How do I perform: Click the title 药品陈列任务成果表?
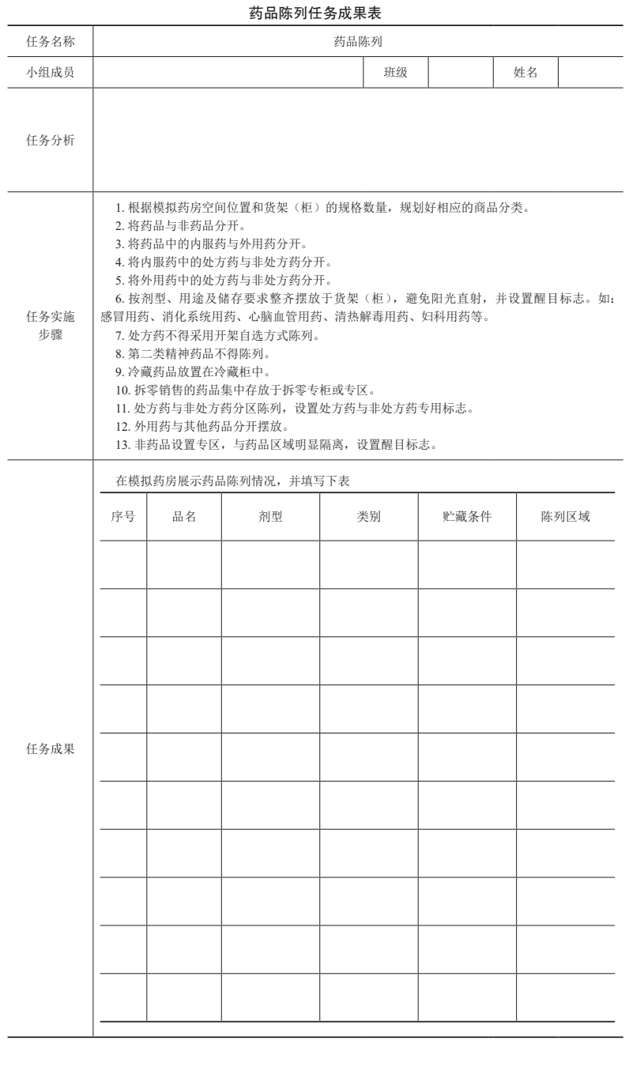tap(314, 13)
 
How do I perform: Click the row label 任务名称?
tap(51, 42)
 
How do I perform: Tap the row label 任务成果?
tap(51, 749)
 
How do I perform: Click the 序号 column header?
tap(122, 516)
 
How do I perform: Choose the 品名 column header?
tap(184, 516)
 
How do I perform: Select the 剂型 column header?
tap(270, 516)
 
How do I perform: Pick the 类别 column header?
tap(369, 516)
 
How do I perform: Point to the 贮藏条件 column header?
tap(467, 516)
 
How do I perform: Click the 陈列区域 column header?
tap(565, 516)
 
